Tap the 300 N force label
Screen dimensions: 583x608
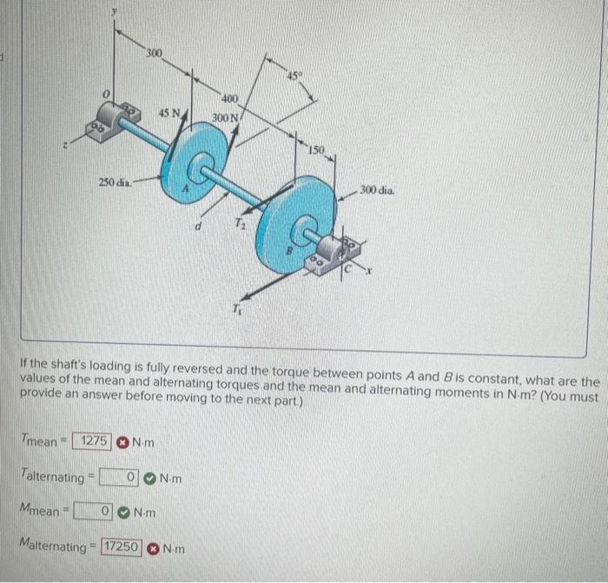224,116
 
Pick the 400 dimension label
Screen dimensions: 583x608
230,99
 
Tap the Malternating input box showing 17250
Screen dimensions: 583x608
122,547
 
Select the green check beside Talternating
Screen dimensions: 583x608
151,477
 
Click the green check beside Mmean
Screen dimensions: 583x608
126,512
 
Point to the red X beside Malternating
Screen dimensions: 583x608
154,548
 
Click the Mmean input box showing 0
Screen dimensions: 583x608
96,512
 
